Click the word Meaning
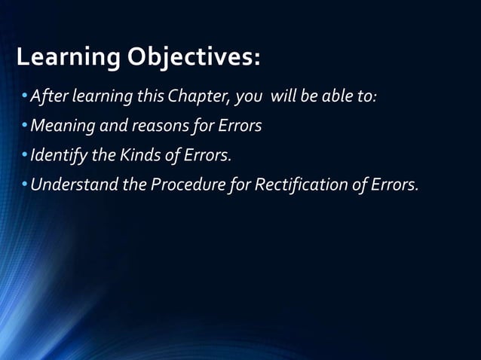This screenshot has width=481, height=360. (60, 126)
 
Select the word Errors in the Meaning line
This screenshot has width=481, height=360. (239, 126)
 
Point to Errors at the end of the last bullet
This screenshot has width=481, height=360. (393, 185)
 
